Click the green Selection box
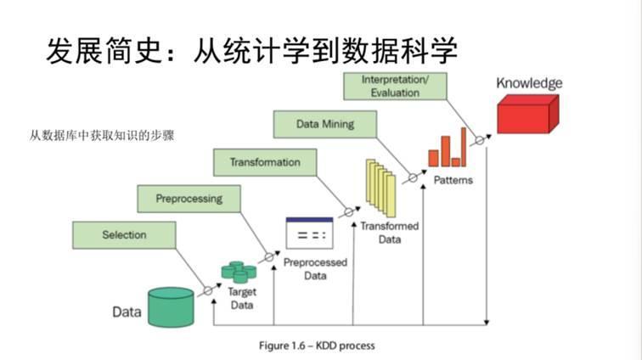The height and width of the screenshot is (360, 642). [124, 235]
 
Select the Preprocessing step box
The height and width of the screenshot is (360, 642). [189, 199]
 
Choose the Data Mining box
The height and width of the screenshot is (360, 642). [324, 125]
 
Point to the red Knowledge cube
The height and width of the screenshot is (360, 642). [527, 112]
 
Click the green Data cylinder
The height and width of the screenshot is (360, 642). [172, 307]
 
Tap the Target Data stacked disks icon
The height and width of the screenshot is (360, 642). [239, 271]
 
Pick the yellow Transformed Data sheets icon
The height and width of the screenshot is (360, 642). [381, 188]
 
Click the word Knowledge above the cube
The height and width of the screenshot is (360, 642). [529, 83]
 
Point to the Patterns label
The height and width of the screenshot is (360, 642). [453, 180]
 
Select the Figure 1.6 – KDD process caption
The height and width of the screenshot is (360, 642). [316, 346]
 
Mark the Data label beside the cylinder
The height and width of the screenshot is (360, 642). [127, 312]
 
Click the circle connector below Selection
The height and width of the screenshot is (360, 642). [207, 291]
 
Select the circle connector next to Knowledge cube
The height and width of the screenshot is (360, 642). [479, 140]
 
